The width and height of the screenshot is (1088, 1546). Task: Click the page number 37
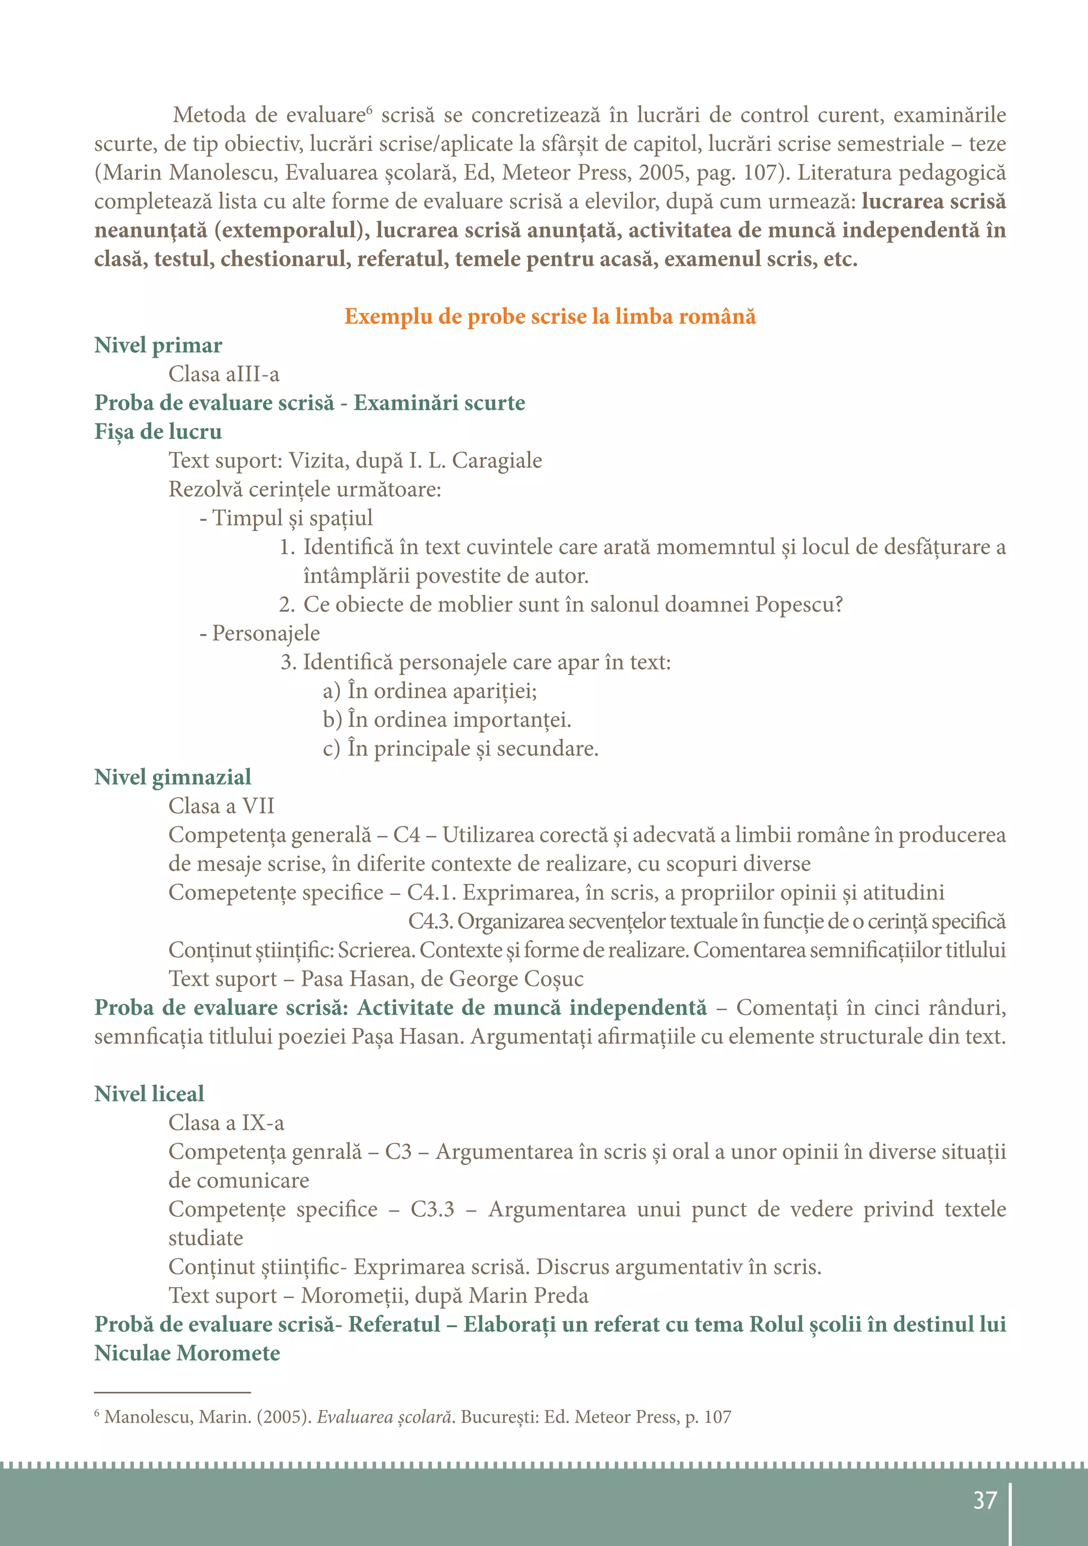pos(984,1500)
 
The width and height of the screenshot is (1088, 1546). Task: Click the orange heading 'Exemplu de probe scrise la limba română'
pos(549,316)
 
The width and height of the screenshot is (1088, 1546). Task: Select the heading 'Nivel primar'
pos(158,345)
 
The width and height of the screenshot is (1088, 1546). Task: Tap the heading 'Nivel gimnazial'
pos(172,777)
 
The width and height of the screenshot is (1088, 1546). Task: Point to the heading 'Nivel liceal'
pos(149,1094)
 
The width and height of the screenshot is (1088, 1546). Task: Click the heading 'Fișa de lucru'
pos(158,431)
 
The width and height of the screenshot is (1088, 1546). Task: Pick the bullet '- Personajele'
pos(259,633)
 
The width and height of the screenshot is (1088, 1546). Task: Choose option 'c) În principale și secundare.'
pos(461,749)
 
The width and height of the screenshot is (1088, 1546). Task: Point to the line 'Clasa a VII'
pos(221,806)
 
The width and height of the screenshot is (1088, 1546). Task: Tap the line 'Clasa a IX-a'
pos(226,1122)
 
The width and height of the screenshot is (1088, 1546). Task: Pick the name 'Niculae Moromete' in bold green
pos(186,1354)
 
